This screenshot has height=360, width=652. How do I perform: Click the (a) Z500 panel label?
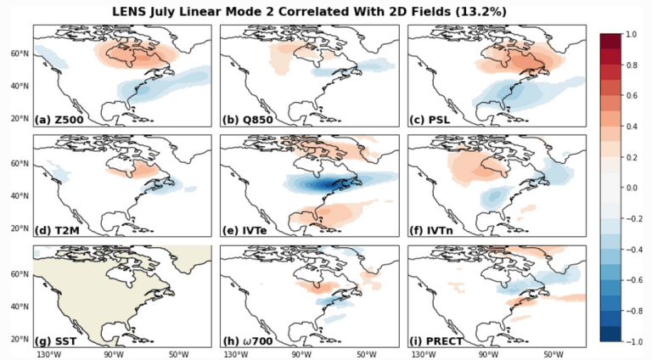(x=59, y=120)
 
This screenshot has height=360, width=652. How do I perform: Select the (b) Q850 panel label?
(x=247, y=120)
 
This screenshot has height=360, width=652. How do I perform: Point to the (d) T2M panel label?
(x=58, y=230)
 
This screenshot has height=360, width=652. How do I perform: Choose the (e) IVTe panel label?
(x=244, y=230)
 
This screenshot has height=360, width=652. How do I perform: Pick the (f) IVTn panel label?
(x=431, y=230)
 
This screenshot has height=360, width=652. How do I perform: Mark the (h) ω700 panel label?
(x=247, y=341)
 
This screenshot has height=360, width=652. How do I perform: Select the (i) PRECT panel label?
(x=436, y=341)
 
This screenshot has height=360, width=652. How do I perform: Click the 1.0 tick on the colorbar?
(x=631, y=34)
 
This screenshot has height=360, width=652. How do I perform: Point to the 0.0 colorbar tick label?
(x=631, y=188)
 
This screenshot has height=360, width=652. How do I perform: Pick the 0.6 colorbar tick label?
(x=631, y=96)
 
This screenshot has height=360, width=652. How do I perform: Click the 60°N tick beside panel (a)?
(x=20, y=53)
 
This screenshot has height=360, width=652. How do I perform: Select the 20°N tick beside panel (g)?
(x=20, y=340)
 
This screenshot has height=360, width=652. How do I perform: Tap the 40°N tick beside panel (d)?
(x=20, y=196)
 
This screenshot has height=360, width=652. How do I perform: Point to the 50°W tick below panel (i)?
(x=553, y=355)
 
